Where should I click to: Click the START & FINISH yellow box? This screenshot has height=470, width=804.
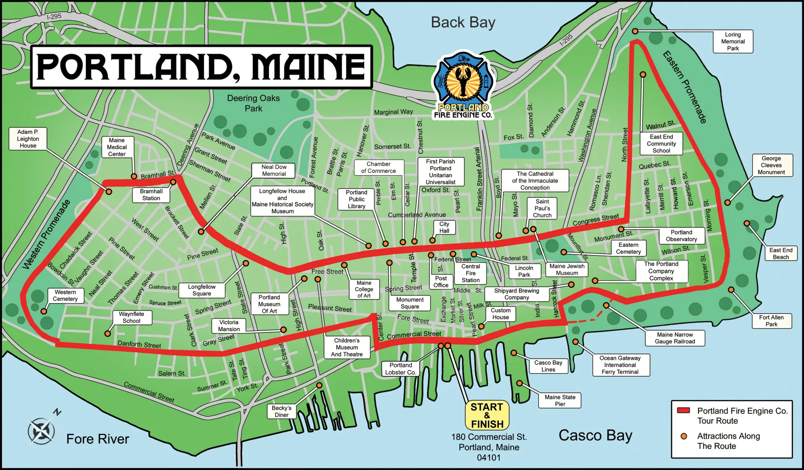pyautogui.click(x=487, y=415)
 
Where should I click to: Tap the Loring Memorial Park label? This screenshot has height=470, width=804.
pyautogui.click(x=733, y=41)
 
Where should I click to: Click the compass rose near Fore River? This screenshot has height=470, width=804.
pyautogui.click(x=41, y=431)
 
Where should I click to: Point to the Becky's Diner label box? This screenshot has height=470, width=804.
pyautogui.click(x=281, y=411)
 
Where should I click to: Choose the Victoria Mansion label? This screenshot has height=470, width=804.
pyautogui.click(x=229, y=325)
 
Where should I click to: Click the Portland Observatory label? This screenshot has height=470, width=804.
pyautogui.click(x=681, y=235)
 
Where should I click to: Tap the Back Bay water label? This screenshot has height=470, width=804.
pyautogui.click(x=463, y=22)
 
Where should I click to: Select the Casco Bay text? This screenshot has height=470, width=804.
pyautogui.click(x=595, y=435)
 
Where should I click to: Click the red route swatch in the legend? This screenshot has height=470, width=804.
pyautogui.click(x=684, y=410)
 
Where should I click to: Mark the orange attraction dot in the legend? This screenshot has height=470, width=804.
pyautogui.click(x=684, y=436)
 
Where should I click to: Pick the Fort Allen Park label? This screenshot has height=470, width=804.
pyautogui.click(x=771, y=321)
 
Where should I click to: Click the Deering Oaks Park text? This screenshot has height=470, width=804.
pyautogui.click(x=253, y=103)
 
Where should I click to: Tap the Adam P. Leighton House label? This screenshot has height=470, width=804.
pyautogui.click(x=28, y=138)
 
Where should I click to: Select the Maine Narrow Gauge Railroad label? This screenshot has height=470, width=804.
pyautogui.click(x=675, y=338)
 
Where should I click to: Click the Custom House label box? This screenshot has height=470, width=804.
pyautogui.click(x=500, y=314)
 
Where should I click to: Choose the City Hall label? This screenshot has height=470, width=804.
pyautogui.click(x=444, y=227)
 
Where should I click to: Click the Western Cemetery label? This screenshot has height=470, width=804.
pyautogui.click(x=65, y=295)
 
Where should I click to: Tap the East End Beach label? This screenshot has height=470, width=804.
pyautogui.click(x=781, y=253)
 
